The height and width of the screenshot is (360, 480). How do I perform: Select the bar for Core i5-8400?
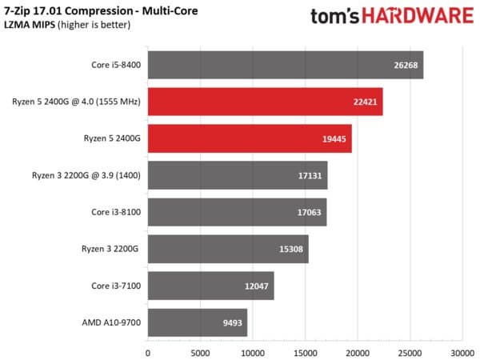tap(285, 66)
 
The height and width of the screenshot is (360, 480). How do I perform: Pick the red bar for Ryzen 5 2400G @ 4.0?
tap(265, 102)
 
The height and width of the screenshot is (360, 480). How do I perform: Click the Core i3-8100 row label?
tap(114, 213)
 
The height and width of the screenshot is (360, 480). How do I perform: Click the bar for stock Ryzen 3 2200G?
tap(228, 250)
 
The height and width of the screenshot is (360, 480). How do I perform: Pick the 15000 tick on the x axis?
tap(305, 350)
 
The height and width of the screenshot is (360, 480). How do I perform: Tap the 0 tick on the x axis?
tap(148, 350)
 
